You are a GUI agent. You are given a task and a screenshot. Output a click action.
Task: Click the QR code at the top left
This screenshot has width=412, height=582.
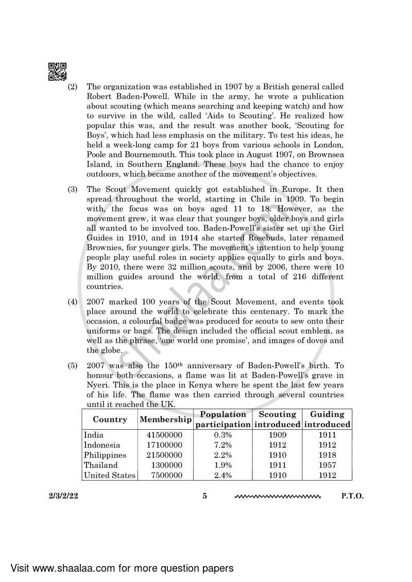[57, 72]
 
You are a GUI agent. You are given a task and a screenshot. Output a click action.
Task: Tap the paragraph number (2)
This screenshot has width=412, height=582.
[73, 87]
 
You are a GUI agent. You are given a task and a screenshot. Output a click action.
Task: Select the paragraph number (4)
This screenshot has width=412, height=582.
[73, 302]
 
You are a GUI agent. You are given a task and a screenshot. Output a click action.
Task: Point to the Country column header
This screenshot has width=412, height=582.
[110, 419]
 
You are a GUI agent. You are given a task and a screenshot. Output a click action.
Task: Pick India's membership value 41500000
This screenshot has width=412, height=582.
[165, 435]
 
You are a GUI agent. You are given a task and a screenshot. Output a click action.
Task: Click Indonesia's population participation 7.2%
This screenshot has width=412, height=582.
[222, 445]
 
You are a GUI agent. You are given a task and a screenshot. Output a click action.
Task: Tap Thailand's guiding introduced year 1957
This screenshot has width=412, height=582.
[327, 465]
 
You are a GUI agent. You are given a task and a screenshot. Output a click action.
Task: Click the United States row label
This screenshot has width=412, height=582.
[109, 475]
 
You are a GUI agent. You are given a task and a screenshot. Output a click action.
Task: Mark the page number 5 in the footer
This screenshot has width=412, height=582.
[204, 497]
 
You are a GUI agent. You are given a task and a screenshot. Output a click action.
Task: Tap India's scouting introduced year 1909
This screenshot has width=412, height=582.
[277, 435]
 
